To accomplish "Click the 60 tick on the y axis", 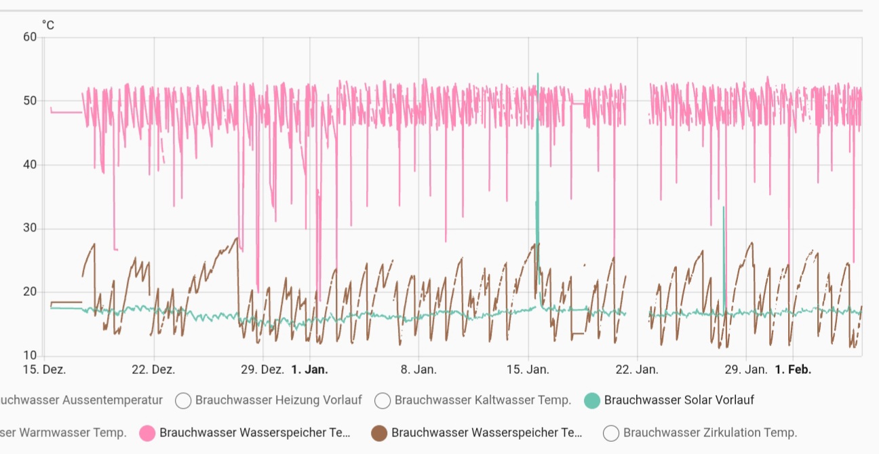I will click(30, 37).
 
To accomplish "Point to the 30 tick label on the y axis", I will click(30, 229).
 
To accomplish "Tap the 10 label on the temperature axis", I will click(30, 356).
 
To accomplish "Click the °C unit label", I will click(48, 25).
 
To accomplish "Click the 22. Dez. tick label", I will click(153, 370).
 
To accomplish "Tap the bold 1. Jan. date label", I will click(309, 370).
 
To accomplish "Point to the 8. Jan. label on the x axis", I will click(418, 370).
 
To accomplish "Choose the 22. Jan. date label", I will click(637, 370).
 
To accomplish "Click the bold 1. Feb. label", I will click(792, 370).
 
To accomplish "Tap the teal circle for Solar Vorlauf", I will click(592, 400).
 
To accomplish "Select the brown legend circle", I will click(379, 432).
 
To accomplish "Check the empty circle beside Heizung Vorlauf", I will click(183, 400).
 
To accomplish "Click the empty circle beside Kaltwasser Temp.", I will click(383, 400).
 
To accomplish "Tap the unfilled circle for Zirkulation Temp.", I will click(611, 432).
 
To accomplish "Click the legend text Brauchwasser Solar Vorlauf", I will click(679, 400).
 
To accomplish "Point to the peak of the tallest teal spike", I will click(538, 73).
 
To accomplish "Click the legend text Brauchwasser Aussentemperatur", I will click(81, 400).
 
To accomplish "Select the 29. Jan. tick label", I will click(746, 370).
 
